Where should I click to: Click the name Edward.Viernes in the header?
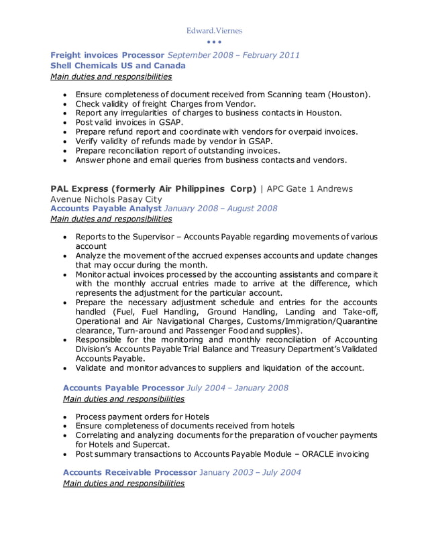click(x=214, y=30)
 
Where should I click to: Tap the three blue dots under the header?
click(x=214, y=42)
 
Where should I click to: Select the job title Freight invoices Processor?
click(x=107, y=54)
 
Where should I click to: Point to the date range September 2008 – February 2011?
click(x=233, y=54)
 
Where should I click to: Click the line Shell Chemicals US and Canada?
click(x=118, y=66)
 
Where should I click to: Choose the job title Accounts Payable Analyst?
click(x=106, y=208)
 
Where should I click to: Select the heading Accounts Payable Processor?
click(x=123, y=388)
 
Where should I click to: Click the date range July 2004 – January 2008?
click(x=237, y=388)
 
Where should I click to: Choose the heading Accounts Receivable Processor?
click(x=129, y=472)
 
